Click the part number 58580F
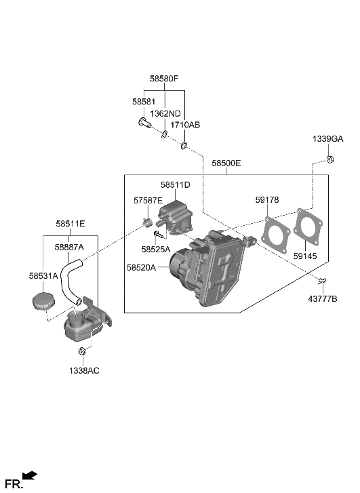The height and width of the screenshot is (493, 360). click(164, 79)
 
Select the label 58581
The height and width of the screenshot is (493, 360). click(144, 101)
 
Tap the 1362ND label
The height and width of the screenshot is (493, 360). click(165, 113)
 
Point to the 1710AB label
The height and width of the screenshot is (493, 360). click(185, 125)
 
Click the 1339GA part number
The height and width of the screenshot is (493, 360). click(328, 138)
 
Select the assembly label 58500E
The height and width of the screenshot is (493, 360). click(226, 163)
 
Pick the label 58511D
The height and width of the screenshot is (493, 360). click(175, 184)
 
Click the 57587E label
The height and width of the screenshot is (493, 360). click(148, 201)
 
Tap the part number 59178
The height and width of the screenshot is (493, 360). click(267, 199)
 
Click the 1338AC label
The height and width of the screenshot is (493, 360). click(83, 371)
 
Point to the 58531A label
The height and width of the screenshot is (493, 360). click(43, 276)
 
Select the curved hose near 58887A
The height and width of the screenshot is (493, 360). click(68, 281)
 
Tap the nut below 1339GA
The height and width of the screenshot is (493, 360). click(329, 160)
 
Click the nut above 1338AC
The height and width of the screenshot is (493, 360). click(82, 351)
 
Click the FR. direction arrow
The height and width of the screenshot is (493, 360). click(29, 477)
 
